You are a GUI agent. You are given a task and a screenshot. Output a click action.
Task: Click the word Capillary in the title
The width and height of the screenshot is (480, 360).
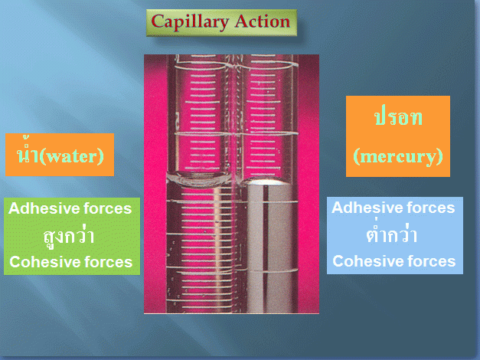[x=190, y=23]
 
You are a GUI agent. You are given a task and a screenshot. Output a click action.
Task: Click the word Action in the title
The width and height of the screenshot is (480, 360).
[x=263, y=21]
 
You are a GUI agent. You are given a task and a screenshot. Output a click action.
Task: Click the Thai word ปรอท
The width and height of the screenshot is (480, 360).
[x=398, y=117]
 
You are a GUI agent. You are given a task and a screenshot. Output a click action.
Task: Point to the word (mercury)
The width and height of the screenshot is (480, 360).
[x=398, y=156]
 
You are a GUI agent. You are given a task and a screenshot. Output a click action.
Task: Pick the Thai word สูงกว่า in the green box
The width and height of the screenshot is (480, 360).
[x=68, y=236]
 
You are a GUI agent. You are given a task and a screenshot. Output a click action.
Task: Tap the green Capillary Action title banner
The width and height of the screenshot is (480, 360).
[x=221, y=23]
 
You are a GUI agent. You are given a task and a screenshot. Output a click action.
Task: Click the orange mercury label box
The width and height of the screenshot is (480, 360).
[x=398, y=136]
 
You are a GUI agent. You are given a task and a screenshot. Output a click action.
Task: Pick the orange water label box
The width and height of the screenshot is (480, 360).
[x=60, y=155]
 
